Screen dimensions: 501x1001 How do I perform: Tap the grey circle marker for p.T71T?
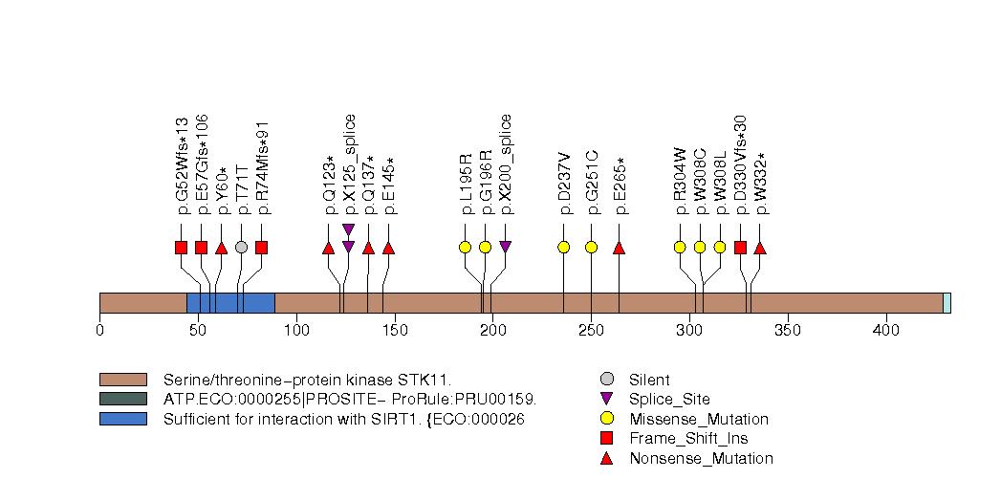tap(241, 248)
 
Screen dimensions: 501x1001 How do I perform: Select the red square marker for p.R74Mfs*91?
tap(261, 248)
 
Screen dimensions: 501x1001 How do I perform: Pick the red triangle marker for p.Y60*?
tap(221, 249)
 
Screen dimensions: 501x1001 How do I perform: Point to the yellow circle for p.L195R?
tap(465, 248)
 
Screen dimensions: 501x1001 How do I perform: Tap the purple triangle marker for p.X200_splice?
tap(505, 248)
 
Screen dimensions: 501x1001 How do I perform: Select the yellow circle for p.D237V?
tap(563, 248)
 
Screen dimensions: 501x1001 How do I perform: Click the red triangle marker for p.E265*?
tap(619, 249)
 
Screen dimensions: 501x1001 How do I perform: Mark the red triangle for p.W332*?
tap(760, 249)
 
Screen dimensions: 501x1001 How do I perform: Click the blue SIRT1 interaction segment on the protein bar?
tap(230, 302)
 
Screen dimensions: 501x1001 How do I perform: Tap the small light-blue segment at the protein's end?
tap(947, 302)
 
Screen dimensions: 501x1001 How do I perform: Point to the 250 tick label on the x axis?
tap(591, 331)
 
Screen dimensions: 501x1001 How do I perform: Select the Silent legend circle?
tap(606, 380)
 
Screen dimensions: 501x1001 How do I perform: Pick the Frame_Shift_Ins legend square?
tap(606, 438)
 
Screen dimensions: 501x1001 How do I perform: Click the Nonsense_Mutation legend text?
tap(701, 458)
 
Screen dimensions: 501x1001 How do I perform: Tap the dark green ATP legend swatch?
tap(122, 399)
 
